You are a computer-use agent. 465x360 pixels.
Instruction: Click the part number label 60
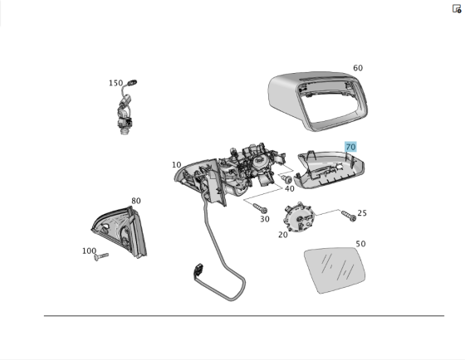pyautogui.click(x=358, y=68)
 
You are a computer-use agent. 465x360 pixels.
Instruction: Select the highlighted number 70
pyautogui.click(x=350, y=147)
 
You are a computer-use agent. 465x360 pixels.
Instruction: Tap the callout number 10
pyautogui.click(x=177, y=165)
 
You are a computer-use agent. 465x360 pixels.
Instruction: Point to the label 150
pyautogui.click(x=115, y=83)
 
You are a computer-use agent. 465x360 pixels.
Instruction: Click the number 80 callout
pyautogui.click(x=135, y=201)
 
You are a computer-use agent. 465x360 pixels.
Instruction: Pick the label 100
pyautogui.click(x=89, y=251)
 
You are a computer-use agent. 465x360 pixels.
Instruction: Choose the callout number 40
pyautogui.click(x=289, y=188)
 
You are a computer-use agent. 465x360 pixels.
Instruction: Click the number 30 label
pyautogui.click(x=264, y=219)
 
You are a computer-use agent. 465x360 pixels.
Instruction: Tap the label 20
pyautogui.click(x=283, y=235)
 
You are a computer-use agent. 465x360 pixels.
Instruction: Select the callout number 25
pyautogui.click(x=362, y=213)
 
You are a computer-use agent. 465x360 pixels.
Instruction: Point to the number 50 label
pyautogui.click(x=360, y=244)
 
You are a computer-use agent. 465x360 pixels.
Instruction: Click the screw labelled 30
pyautogui.click(x=260, y=206)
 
